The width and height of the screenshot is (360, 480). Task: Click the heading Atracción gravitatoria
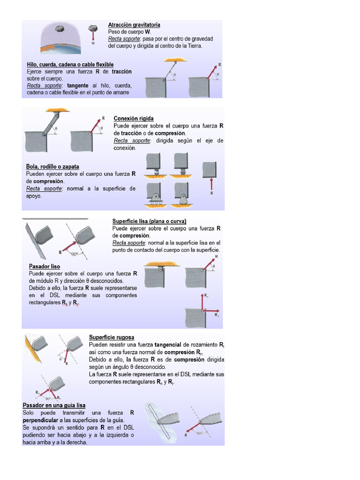(x=134, y=24)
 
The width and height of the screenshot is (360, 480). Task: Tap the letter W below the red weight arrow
(x=93, y=43)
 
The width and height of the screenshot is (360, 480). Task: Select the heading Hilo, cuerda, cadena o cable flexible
(x=70, y=64)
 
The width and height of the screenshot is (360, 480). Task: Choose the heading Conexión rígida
(x=134, y=119)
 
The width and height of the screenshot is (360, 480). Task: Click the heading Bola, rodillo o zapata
(x=52, y=166)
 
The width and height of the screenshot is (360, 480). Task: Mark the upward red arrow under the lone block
(x=212, y=184)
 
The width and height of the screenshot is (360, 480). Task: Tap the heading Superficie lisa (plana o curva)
(x=150, y=221)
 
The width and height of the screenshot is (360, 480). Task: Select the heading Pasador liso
(x=45, y=266)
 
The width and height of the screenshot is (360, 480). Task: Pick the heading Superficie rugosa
(x=112, y=337)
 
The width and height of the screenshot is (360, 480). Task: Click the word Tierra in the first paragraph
(x=195, y=46)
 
